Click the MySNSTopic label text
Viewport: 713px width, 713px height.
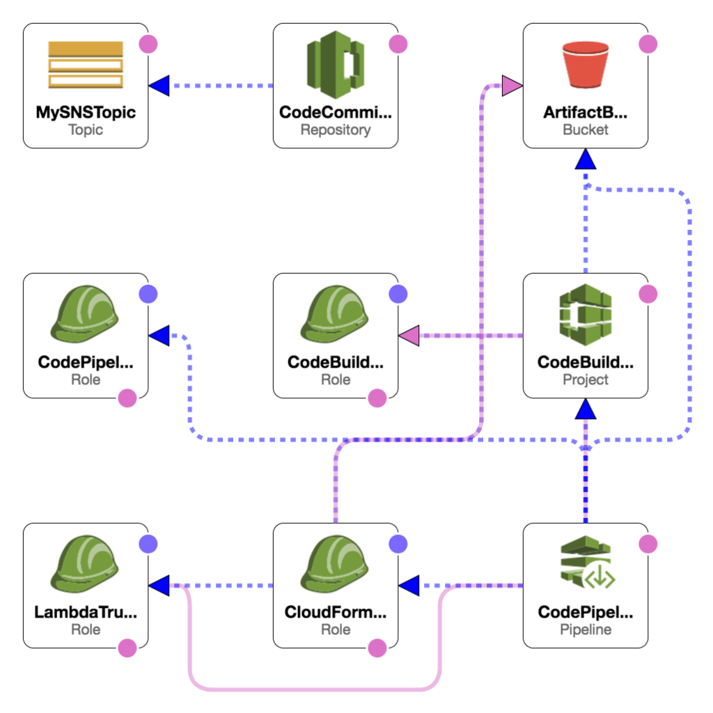coord(86,112)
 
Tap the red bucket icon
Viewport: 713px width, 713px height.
coord(586,65)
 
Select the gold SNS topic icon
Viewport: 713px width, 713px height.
coord(86,64)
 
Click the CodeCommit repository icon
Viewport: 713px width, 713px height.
coord(336,63)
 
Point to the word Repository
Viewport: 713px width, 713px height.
coord(336,130)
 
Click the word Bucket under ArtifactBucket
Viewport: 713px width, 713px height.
coord(586,130)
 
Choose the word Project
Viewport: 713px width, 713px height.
coord(586,379)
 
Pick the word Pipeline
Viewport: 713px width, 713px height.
coord(586,629)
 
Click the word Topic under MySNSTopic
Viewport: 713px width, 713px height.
coord(86,130)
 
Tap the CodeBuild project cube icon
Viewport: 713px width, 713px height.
coord(586,313)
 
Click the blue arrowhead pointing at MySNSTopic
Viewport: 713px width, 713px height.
coord(159,86)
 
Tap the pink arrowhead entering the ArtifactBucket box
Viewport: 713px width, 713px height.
coord(512,86)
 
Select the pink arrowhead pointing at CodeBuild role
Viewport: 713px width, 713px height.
coord(409,336)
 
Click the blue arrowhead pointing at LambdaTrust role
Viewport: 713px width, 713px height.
coord(159,586)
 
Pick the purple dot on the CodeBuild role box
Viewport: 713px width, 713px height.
coord(398,294)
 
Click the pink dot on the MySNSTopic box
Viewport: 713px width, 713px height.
coord(148,44)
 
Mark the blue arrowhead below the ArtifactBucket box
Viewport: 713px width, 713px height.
coord(586,159)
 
